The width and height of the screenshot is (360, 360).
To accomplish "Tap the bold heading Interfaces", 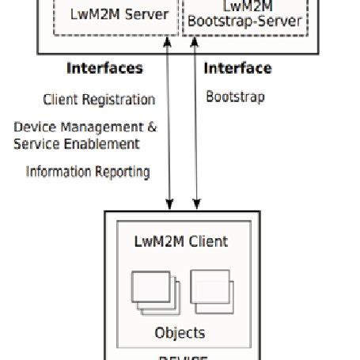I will pos(104,68).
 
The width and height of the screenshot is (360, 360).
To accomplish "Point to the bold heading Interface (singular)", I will pos(237,68).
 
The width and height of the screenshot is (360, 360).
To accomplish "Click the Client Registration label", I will pos(99,100).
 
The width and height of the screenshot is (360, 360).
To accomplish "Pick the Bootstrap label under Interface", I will pos(235,97).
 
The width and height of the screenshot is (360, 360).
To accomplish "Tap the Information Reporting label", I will pos(88,172).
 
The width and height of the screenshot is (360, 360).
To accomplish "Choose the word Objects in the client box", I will pos(180,332).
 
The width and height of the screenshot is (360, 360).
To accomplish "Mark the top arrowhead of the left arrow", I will pos(169,40).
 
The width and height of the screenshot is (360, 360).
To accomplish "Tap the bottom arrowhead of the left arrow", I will pos(169,203).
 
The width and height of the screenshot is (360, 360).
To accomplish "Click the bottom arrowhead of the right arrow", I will pos(194,203).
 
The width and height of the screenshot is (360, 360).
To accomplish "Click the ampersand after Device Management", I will pos(152,127).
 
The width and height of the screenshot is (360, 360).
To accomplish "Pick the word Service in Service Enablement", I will pos(33,143).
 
